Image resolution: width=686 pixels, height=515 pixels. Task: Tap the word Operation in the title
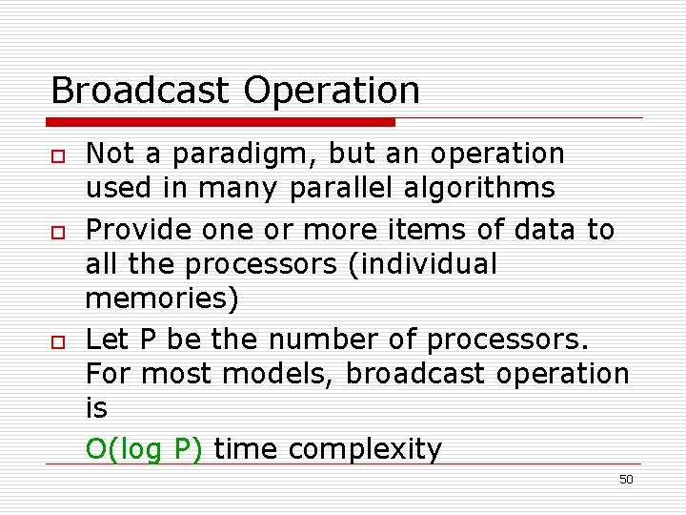point(332,91)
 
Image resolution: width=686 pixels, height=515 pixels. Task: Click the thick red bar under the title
point(221,122)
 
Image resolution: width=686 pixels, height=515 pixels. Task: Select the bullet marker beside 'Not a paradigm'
point(57,155)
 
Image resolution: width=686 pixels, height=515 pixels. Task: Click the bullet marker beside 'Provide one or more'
point(57,232)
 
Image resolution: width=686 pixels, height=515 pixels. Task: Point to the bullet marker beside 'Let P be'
point(57,341)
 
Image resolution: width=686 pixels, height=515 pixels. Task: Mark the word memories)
point(162,299)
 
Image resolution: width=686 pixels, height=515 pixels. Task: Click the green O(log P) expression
point(144,449)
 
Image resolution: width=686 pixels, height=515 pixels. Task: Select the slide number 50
point(625,480)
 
